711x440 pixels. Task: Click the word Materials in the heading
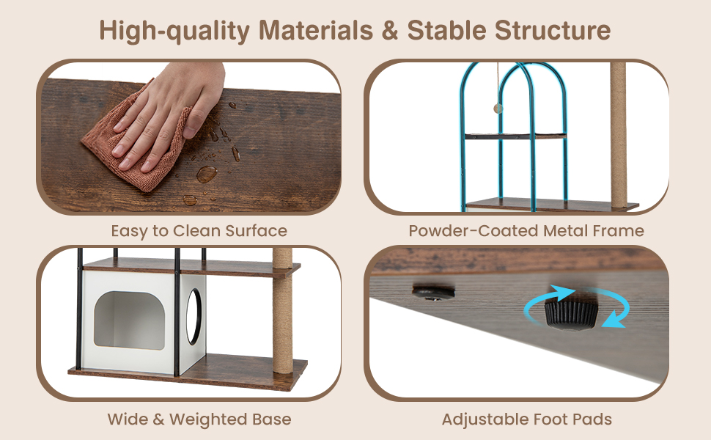[316, 30]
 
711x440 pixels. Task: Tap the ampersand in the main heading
[390, 30]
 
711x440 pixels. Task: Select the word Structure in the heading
[553, 30]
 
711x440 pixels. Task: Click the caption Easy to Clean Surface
[199, 231]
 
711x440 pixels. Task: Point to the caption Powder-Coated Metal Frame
[526, 231]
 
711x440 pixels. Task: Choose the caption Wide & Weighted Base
[199, 419]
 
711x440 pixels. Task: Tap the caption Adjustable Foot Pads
[527, 419]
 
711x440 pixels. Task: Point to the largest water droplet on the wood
[206, 174]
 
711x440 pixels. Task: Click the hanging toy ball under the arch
[498, 109]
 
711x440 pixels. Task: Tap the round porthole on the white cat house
[194, 316]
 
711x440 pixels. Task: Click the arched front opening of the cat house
[130, 320]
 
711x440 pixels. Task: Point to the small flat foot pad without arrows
[433, 292]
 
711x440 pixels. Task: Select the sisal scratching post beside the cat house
[282, 311]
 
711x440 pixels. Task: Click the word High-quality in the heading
[174, 31]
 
